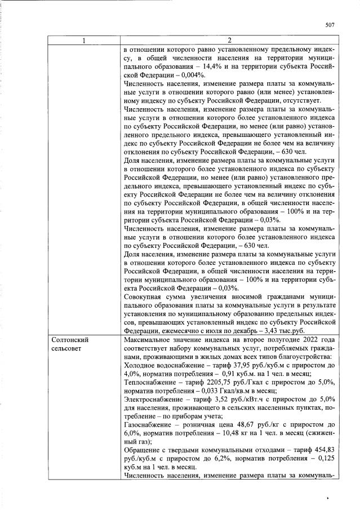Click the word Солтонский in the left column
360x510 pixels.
tap(69, 341)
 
